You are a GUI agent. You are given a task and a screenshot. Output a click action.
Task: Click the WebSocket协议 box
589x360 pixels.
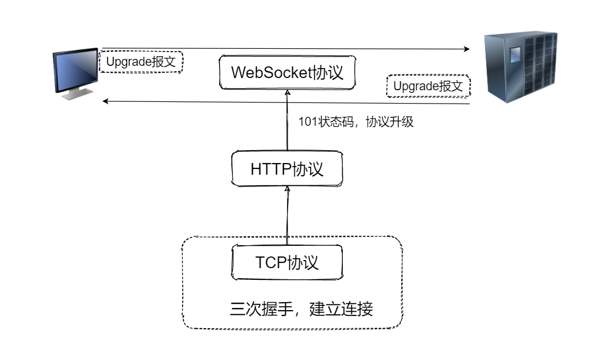tap(287, 73)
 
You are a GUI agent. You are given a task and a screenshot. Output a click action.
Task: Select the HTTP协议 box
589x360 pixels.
tap(287, 169)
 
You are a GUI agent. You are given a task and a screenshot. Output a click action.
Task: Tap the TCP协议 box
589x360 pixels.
tap(287, 262)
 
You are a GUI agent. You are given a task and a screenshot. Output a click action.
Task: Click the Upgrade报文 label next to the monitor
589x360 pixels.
tap(141, 62)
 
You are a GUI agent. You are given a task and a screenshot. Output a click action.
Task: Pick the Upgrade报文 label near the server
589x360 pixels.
tap(428, 86)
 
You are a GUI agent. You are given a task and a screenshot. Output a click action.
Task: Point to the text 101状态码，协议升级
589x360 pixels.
tap(356, 122)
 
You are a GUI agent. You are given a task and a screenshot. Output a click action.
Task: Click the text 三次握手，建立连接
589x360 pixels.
tap(301, 308)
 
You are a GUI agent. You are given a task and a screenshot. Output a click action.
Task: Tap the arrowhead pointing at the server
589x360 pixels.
tap(467, 49)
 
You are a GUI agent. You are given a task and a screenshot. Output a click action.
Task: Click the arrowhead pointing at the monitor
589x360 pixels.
tap(106, 101)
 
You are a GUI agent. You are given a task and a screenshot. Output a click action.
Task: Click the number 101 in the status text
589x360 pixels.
tap(307, 122)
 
